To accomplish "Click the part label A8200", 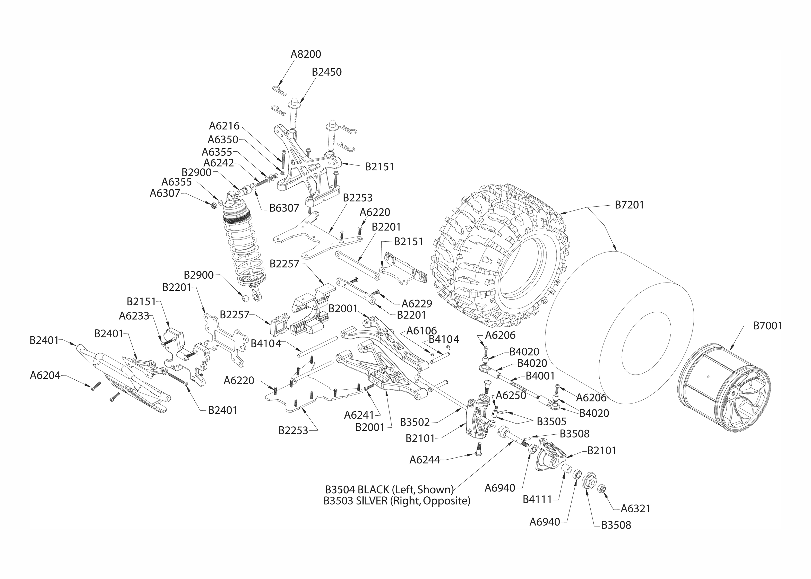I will pyautogui.click(x=306, y=54).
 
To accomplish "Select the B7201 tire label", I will pyautogui.click(x=629, y=205).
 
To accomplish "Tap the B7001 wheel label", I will pyautogui.click(x=767, y=326).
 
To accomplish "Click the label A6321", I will pyautogui.click(x=635, y=508).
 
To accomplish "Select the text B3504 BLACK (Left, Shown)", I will pyautogui.click(x=389, y=489).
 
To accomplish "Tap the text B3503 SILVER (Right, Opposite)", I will pyautogui.click(x=396, y=501).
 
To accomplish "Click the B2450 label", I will pyautogui.click(x=327, y=72).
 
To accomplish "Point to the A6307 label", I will pyautogui.click(x=165, y=193).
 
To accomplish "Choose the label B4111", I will pyautogui.click(x=537, y=499).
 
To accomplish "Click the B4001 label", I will pyautogui.click(x=540, y=376).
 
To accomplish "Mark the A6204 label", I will pyautogui.click(x=45, y=375).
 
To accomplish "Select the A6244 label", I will pyautogui.click(x=424, y=460).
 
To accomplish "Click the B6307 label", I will pyautogui.click(x=284, y=208).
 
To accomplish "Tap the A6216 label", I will pyautogui.click(x=224, y=126).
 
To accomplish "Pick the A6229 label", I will pyautogui.click(x=417, y=304).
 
